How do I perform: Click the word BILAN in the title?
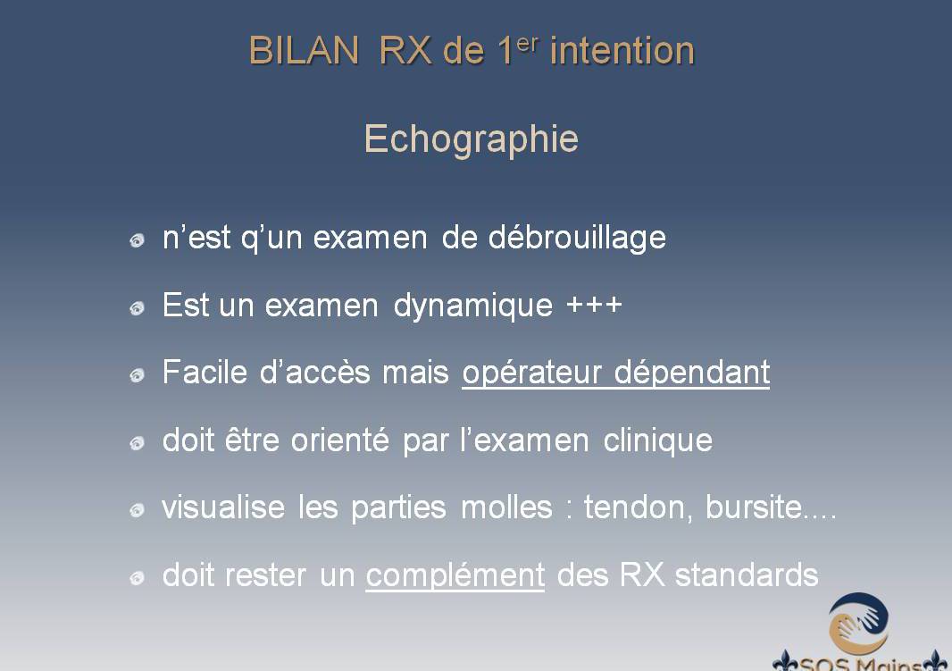tap(305, 50)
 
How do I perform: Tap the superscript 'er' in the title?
tap(528, 44)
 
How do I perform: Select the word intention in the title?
tap(622, 50)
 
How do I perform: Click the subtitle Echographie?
tap(472, 139)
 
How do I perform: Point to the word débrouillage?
tap(578, 238)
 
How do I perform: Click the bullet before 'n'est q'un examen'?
tap(138, 240)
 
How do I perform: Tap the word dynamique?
tap(473, 306)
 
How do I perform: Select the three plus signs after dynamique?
tap(594, 304)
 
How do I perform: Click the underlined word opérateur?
tap(532, 373)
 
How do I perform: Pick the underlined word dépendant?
tap(692, 373)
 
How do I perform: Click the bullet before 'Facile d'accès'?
tap(138, 375)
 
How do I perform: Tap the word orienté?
tap(340, 440)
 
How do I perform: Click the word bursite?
tap(754, 507)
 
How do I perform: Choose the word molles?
tap(507, 507)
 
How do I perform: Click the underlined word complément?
tap(455, 575)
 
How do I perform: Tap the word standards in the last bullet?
tap(747, 575)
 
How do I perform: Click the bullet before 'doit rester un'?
tap(138, 577)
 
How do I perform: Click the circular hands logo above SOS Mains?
tap(858, 624)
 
